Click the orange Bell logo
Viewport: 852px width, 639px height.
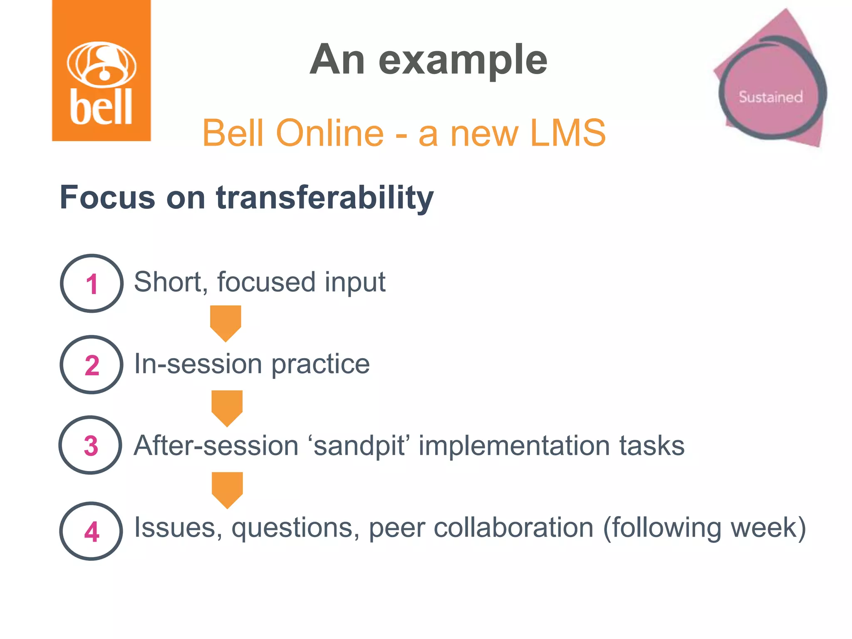[101, 71]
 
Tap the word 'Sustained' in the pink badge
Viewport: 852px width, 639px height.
[770, 97]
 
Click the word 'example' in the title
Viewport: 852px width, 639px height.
[463, 60]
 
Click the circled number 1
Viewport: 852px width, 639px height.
[92, 284]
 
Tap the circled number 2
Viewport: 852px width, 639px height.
[92, 365]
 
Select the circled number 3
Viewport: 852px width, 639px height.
[91, 446]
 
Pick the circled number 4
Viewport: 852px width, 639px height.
[92, 531]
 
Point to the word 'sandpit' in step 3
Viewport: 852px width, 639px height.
[359, 446]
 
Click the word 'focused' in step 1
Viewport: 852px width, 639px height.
[266, 282]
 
